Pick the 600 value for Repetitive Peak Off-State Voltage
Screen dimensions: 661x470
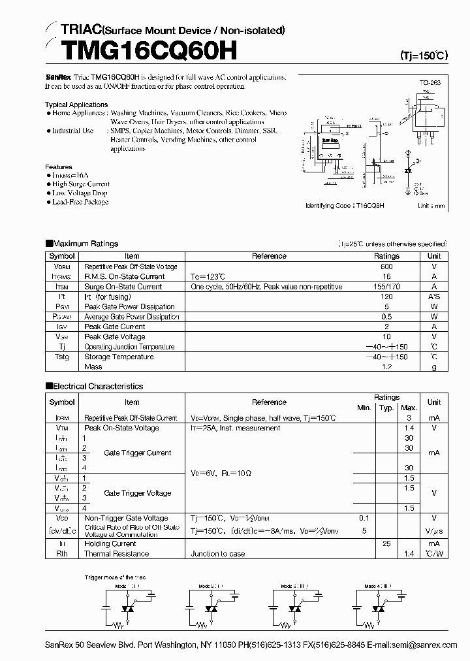[x=386, y=266]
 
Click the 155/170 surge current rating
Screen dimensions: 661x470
[x=386, y=286]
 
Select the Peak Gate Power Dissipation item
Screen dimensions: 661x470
[x=129, y=306]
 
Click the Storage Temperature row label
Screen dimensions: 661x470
[x=119, y=357]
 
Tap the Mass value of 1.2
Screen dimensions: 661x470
[x=386, y=367]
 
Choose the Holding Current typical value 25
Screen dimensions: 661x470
[x=386, y=543]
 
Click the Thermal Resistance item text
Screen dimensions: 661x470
[x=116, y=554]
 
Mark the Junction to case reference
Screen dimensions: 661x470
[x=218, y=554]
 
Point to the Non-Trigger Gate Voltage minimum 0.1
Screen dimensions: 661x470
[x=364, y=518]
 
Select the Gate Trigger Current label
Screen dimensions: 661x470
[x=138, y=453]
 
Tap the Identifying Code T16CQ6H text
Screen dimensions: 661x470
[x=345, y=205]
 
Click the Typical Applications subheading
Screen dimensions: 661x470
[x=76, y=105]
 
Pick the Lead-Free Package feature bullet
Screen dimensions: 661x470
[x=80, y=202]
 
